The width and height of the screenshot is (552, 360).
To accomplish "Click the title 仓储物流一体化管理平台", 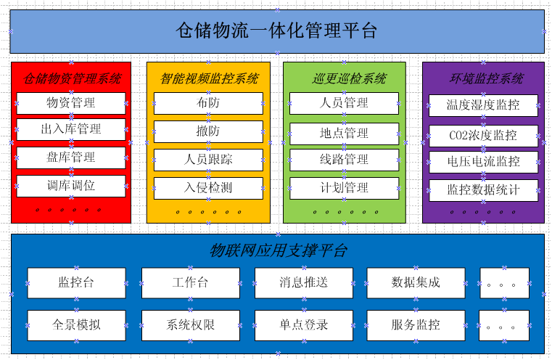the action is point(276,30).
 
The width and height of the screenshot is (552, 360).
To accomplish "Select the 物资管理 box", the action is point(71,103).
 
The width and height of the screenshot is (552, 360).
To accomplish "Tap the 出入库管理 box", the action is point(71,129).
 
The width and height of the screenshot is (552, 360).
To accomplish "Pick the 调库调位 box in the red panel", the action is point(71,186).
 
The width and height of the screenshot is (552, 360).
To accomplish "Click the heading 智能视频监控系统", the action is point(210,78).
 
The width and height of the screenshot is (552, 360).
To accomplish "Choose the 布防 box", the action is point(208,103).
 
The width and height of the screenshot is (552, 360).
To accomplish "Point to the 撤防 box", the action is point(208,132).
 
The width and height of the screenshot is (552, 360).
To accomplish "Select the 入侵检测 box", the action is point(208,188).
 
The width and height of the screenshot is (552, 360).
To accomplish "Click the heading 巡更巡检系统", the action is point(349,78).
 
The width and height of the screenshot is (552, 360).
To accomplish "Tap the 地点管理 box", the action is point(345,134).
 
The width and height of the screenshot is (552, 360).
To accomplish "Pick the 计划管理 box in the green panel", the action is point(345,188).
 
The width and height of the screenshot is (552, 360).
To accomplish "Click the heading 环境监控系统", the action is point(487,78).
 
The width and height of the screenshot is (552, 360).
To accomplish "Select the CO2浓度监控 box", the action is point(483,136).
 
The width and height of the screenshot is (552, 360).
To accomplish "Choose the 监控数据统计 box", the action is point(483,191).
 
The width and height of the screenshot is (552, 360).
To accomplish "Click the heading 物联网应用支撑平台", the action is point(278,251).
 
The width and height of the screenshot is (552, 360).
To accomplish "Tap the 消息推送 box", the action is point(304,283).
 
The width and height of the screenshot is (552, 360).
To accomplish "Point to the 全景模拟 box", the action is point(76,325).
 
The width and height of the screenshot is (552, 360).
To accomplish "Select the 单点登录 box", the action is point(304,325).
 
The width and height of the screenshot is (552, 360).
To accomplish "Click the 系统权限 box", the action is point(191,325).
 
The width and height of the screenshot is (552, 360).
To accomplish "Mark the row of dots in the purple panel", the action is point(483,212).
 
